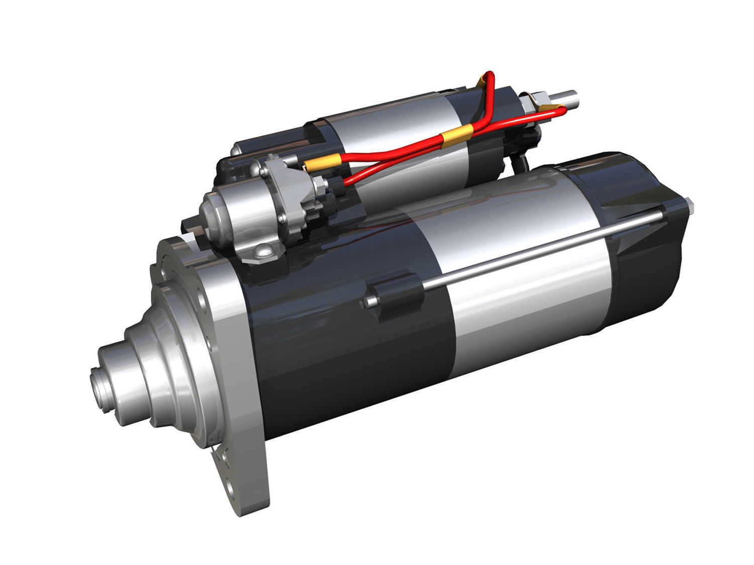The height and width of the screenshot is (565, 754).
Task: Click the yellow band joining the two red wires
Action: pyautogui.click(x=454, y=134)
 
